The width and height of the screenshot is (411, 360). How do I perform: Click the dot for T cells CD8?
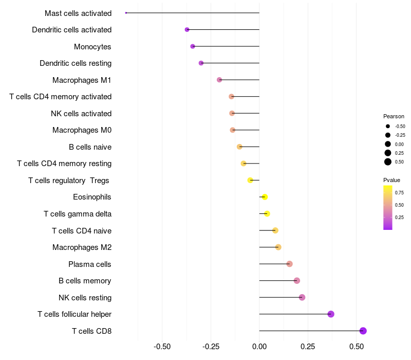tap(363, 331)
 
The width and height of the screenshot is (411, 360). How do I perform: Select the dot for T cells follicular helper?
tap(331, 314)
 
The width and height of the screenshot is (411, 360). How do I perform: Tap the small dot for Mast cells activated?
tap(126, 13)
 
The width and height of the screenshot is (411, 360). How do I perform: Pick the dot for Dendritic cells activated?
tap(187, 30)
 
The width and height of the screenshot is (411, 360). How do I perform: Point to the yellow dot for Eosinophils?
tap(265, 197)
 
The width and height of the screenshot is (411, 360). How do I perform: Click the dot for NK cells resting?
tap(302, 297)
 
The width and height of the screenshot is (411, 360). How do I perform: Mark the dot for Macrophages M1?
tap(219, 80)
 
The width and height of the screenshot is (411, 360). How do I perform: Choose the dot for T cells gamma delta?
tap(267, 213)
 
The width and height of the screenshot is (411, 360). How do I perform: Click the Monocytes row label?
tap(92, 47)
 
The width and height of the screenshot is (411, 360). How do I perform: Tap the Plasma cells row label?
tap(90, 264)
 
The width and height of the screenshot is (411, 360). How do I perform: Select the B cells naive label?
tap(90, 147)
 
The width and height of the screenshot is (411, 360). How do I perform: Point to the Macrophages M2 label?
tap(82, 247)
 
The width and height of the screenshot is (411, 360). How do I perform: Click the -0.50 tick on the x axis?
tap(162, 347)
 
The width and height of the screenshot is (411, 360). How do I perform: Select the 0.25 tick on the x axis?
tap(308, 347)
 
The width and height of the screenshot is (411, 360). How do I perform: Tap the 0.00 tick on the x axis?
tap(259, 347)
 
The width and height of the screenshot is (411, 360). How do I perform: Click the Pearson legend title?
tap(394, 116)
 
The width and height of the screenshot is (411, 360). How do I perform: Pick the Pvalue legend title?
tap(391, 180)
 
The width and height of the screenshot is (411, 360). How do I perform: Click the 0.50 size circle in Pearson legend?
tap(388, 162)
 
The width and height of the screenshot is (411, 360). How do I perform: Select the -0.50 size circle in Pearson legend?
tap(388, 126)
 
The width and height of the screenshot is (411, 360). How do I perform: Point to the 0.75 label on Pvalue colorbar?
tap(399, 193)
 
